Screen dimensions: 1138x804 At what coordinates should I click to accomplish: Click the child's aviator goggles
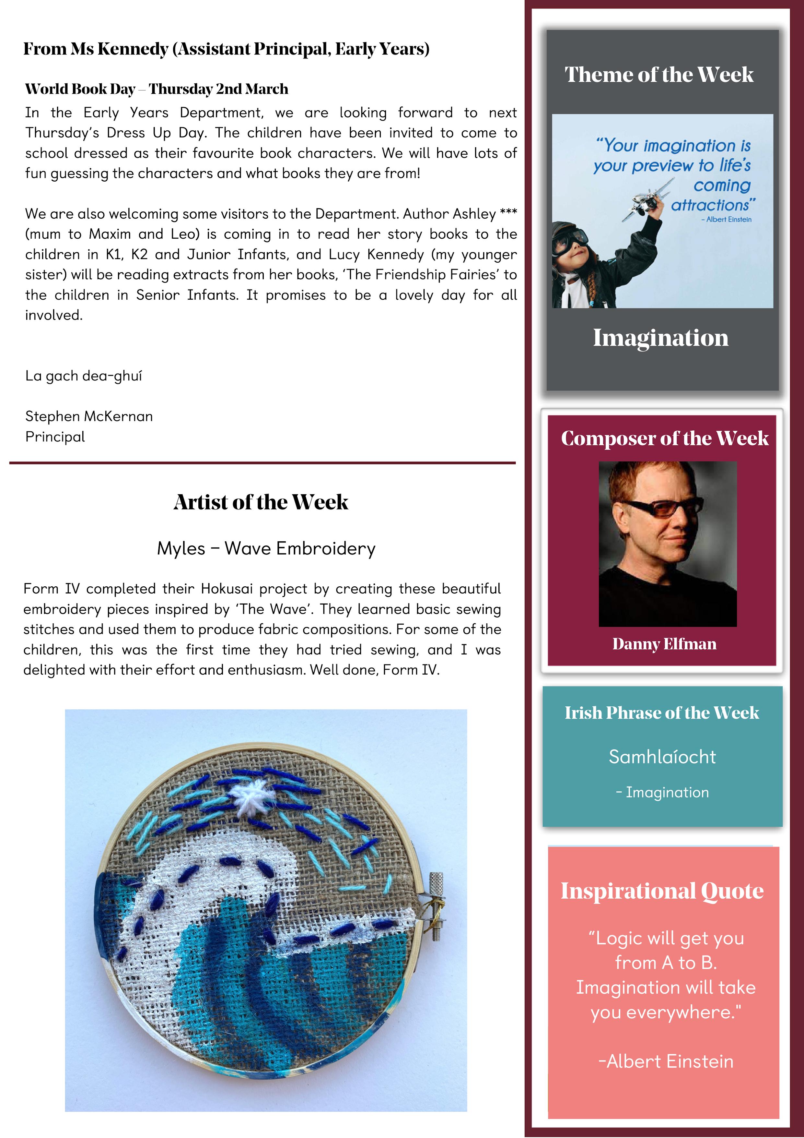(570, 242)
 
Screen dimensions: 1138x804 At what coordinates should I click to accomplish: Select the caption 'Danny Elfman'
(664, 644)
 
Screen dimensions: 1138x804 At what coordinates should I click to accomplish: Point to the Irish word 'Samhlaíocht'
(662, 757)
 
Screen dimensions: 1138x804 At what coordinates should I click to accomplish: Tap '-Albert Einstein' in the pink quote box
(666, 1061)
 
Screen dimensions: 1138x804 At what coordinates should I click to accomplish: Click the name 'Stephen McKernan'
(89, 416)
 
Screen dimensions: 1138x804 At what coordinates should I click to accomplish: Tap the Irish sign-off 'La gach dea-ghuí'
(84, 376)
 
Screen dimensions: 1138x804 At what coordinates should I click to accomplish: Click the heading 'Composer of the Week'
(664, 438)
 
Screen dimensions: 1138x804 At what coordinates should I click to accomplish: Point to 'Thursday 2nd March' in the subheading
(218, 89)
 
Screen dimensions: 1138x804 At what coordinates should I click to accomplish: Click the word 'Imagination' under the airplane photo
(661, 338)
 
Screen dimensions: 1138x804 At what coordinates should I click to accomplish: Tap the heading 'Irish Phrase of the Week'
(662, 713)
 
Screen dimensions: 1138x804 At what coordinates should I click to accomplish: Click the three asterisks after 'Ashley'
(508, 212)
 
